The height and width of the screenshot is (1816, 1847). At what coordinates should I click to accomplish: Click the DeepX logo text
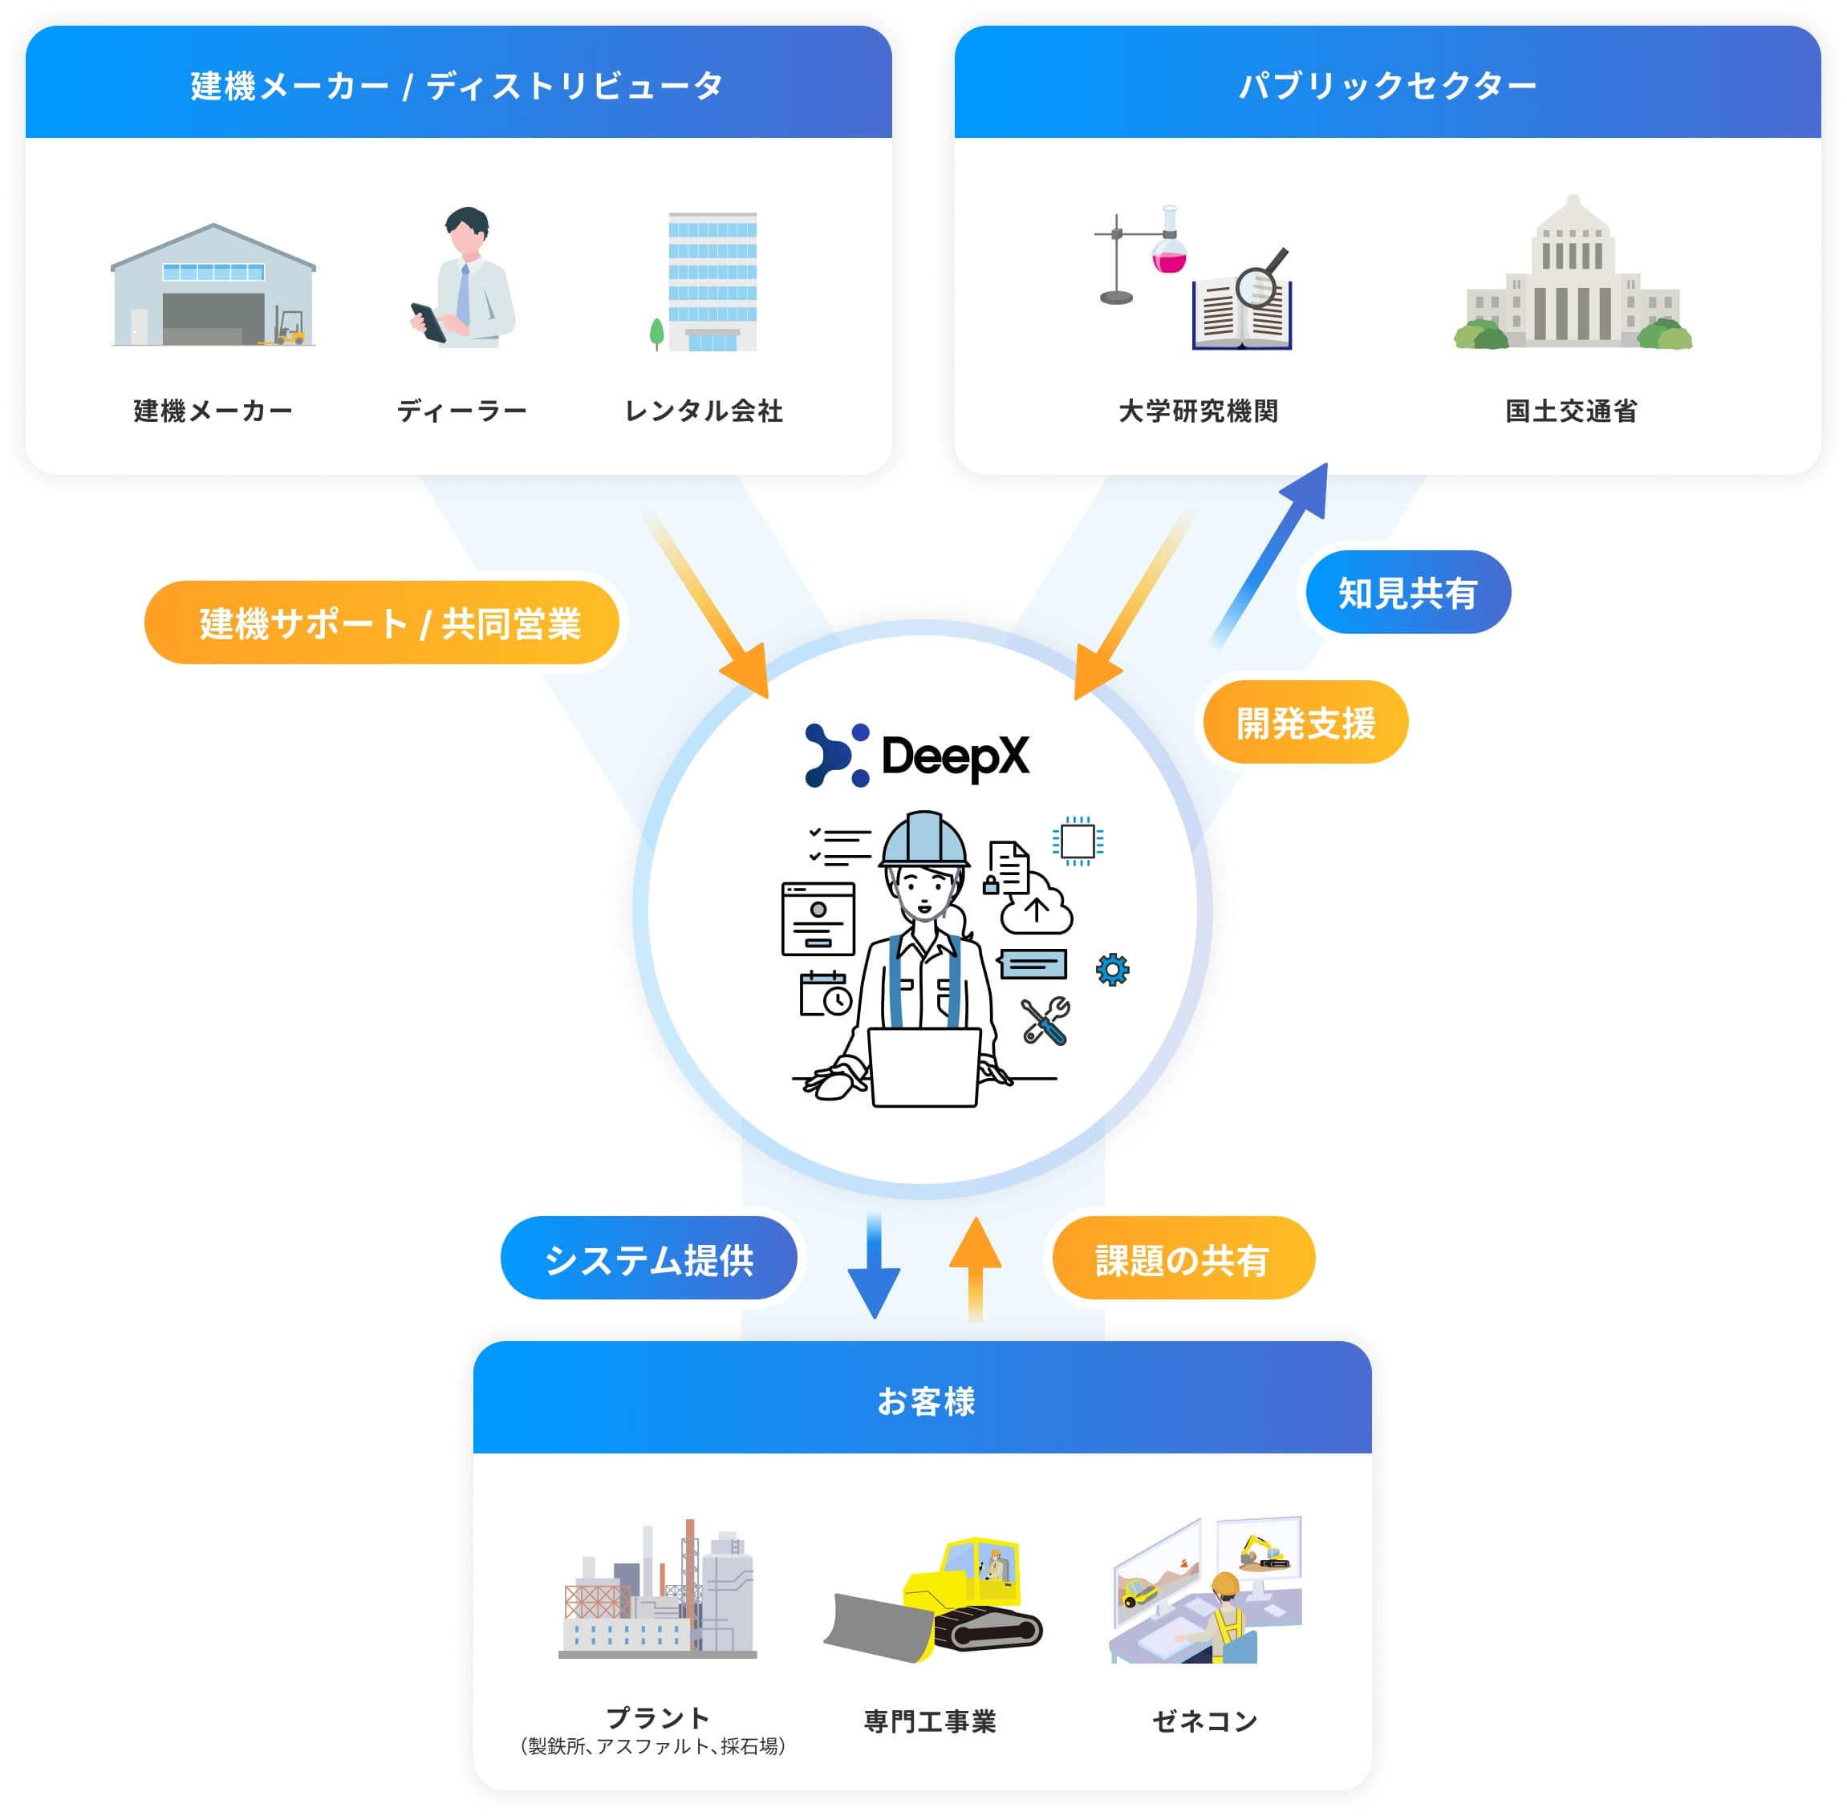click(954, 756)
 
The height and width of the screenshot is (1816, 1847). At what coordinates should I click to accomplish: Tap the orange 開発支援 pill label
click(1305, 722)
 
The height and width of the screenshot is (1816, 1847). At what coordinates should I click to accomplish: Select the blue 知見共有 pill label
click(1407, 592)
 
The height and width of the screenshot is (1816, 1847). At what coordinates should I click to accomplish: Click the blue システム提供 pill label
click(649, 1259)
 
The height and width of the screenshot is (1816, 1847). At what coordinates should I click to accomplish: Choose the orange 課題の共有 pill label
click(1182, 1259)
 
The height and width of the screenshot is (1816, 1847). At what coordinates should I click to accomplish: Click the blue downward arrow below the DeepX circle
click(874, 1268)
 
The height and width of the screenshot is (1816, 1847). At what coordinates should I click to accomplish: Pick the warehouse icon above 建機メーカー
click(213, 286)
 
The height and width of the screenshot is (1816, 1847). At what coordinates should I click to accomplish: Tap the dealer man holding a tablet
click(465, 278)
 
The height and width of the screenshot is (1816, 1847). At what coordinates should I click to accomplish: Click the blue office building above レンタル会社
click(712, 282)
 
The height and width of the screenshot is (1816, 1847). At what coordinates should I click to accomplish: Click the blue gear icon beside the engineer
click(1112, 970)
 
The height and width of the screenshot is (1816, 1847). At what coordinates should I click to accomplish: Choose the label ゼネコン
click(1204, 1721)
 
